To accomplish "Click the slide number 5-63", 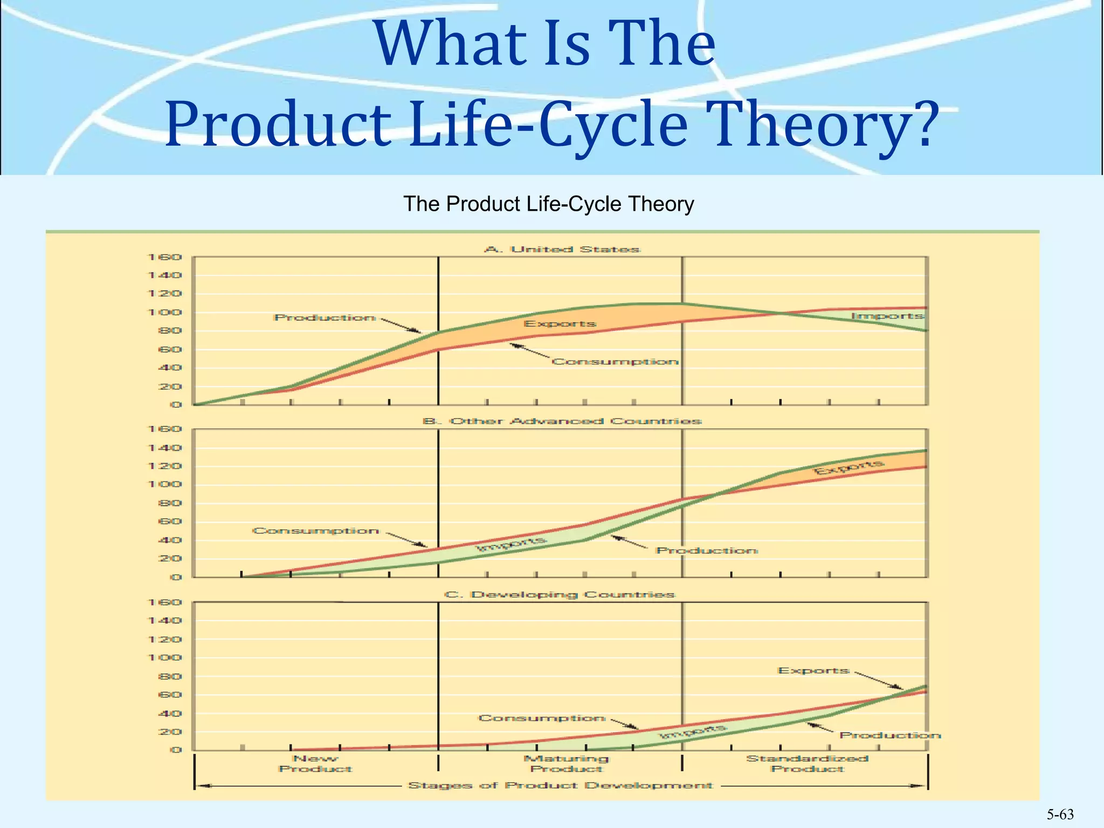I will pyautogui.click(x=1060, y=815).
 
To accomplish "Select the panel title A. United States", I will pyautogui.click(x=562, y=250).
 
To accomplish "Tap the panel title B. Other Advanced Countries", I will pyautogui.click(x=562, y=421).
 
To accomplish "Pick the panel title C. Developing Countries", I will pyautogui.click(x=560, y=595).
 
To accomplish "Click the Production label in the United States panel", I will pyautogui.click(x=325, y=318).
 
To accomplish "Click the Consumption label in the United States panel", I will pyautogui.click(x=615, y=361).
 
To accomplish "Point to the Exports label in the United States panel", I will pyautogui.click(x=560, y=323).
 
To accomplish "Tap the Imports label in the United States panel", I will pyautogui.click(x=887, y=316).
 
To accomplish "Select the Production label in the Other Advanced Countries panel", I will pyautogui.click(x=707, y=550).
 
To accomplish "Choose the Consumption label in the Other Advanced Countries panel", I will pyautogui.click(x=316, y=531).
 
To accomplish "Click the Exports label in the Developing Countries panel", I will pyautogui.click(x=813, y=671).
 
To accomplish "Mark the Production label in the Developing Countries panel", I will pyautogui.click(x=890, y=735).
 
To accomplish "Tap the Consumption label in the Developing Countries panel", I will pyautogui.click(x=542, y=718).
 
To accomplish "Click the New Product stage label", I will pyautogui.click(x=315, y=764).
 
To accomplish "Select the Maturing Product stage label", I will pyautogui.click(x=566, y=764).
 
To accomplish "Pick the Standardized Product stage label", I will pyautogui.click(x=807, y=764).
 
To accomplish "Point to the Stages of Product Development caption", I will pyautogui.click(x=561, y=785).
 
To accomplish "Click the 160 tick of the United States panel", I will pyautogui.click(x=165, y=257).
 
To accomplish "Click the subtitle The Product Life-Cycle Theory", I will pyautogui.click(x=548, y=204).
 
